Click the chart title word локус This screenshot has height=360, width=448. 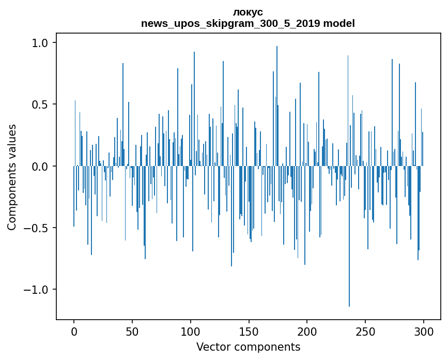[x=248, y=12]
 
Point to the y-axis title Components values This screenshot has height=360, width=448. [x=12, y=177]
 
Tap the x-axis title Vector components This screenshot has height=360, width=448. [x=248, y=347]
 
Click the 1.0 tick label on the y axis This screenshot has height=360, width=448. [x=40, y=43]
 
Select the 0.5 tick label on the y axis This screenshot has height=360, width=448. [x=40, y=104]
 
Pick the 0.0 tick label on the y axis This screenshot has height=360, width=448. [x=40, y=167]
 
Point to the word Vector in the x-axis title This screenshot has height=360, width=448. [x=212, y=347]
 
